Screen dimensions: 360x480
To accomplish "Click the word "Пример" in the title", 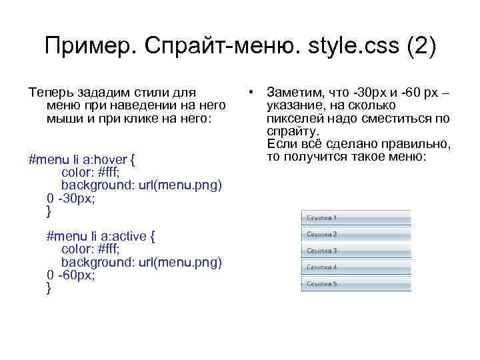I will click(x=85, y=47).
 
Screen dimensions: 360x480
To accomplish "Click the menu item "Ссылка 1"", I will click(x=357, y=218).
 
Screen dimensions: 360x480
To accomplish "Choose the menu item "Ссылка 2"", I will click(x=357, y=235).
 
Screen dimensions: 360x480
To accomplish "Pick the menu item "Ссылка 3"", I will click(x=357, y=251).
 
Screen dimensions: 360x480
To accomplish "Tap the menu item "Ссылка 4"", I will click(x=357, y=267).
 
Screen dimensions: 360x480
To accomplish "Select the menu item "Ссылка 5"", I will click(x=357, y=283).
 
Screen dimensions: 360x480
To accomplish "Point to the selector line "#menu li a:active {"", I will click(x=101, y=236).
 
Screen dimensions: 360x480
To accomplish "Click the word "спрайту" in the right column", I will click(x=291, y=131).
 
